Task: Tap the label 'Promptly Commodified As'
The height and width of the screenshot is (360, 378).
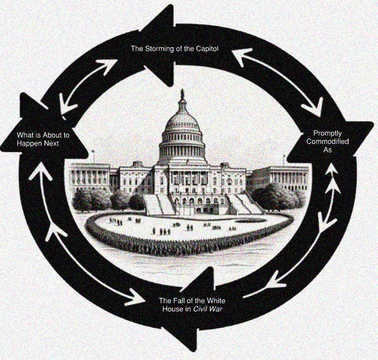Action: click(x=331, y=141)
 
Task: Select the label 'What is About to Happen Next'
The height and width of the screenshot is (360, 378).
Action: click(x=43, y=139)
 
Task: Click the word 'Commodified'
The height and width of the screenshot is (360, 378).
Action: click(x=331, y=141)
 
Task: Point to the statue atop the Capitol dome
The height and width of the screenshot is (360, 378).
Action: click(x=182, y=95)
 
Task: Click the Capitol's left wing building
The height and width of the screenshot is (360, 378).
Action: click(x=89, y=176)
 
